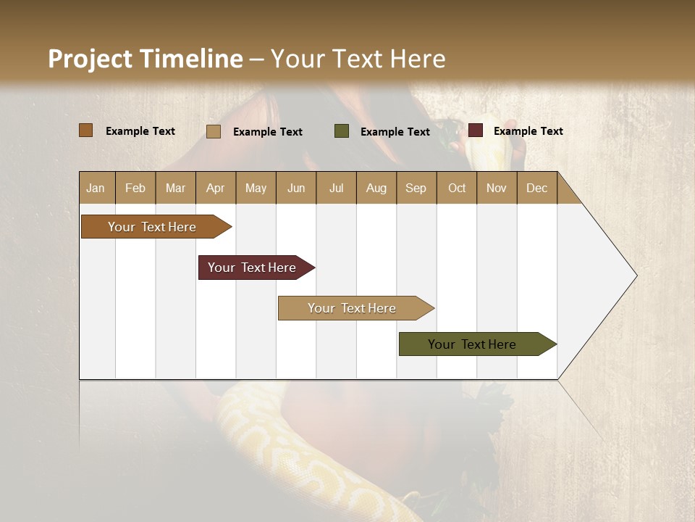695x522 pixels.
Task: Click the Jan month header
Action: [96, 188]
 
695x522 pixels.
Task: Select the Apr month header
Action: [215, 188]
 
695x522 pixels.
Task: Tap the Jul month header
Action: [336, 188]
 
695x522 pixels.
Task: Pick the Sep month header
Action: [416, 188]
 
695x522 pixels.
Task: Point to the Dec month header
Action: [536, 188]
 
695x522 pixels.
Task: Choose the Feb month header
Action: [135, 188]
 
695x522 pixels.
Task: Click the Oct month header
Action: [457, 188]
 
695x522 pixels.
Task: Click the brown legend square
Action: [86, 130]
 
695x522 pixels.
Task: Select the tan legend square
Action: [214, 131]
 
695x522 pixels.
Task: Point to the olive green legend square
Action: [342, 131]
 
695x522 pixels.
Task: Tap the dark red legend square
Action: [476, 130]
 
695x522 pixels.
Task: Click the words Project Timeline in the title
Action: [146, 59]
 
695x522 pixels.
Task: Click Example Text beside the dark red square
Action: [528, 131]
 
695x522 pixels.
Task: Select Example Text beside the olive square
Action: [395, 132]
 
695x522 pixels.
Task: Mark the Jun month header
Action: [296, 188]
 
